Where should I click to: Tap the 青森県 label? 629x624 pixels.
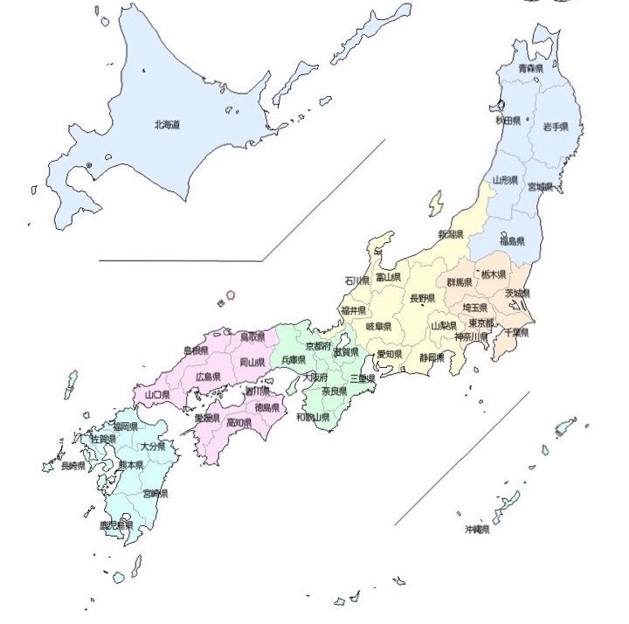click(531, 68)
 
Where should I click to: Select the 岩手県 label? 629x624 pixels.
click(556, 127)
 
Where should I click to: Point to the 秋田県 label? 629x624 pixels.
click(508, 120)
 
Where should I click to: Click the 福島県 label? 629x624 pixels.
click(511, 240)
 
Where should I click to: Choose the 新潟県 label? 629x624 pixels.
click(451, 235)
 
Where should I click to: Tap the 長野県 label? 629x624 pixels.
click(423, 298)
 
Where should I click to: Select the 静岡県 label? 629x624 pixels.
click(432, 357)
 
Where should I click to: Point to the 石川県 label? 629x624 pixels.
click(356, 281)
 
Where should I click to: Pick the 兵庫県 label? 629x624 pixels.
click(293, 359)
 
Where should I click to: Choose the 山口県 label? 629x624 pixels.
click(157, 395)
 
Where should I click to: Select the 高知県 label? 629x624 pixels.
click(238, 423)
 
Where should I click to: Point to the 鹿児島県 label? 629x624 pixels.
click(115, 525)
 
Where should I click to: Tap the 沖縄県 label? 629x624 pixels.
click(477, 530)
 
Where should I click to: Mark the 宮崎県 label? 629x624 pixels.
click(155, 494)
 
